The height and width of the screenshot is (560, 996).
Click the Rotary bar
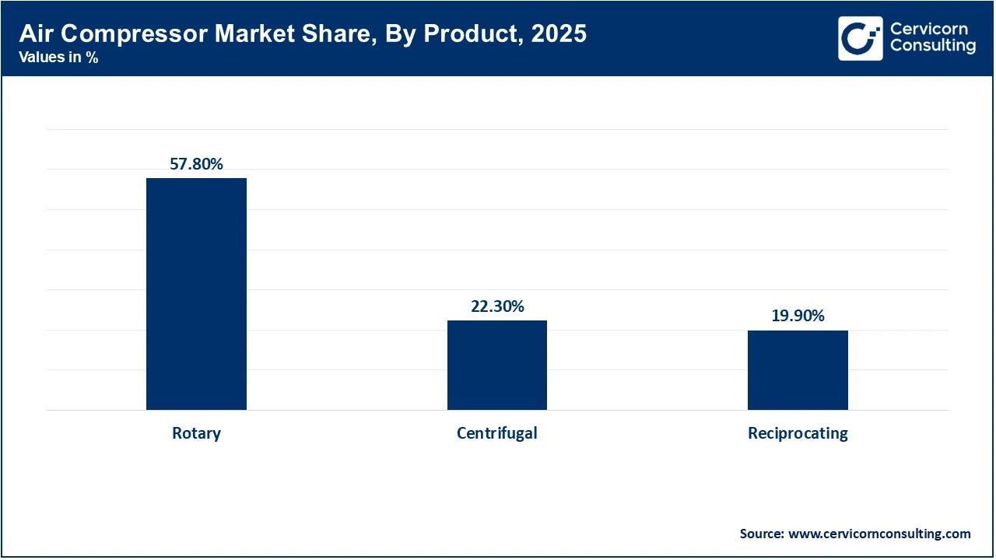coord(196,294)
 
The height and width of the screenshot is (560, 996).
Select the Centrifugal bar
coord(496,365)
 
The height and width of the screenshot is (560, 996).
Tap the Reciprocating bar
coord(798,369)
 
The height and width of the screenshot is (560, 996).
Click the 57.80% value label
coord(196,164)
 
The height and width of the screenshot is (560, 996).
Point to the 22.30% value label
coord(496,306)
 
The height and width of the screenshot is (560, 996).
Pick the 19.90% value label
coord(798,316)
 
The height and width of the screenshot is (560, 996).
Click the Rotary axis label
coord(196,433)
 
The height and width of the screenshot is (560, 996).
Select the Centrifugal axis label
coord(496,433)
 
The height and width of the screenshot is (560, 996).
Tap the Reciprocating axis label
coord(798,433)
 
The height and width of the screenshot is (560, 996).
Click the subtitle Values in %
coord(58,57)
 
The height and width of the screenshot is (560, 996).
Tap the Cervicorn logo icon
coord(860,38)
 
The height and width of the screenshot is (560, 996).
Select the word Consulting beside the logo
coord(932,47)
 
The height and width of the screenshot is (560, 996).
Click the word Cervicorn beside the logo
coord(929,30)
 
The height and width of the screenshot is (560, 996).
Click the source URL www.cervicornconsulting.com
coord(879,534)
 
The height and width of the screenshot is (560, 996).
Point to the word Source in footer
coord(761,534)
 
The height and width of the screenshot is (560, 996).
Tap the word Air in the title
coord(33,34)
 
